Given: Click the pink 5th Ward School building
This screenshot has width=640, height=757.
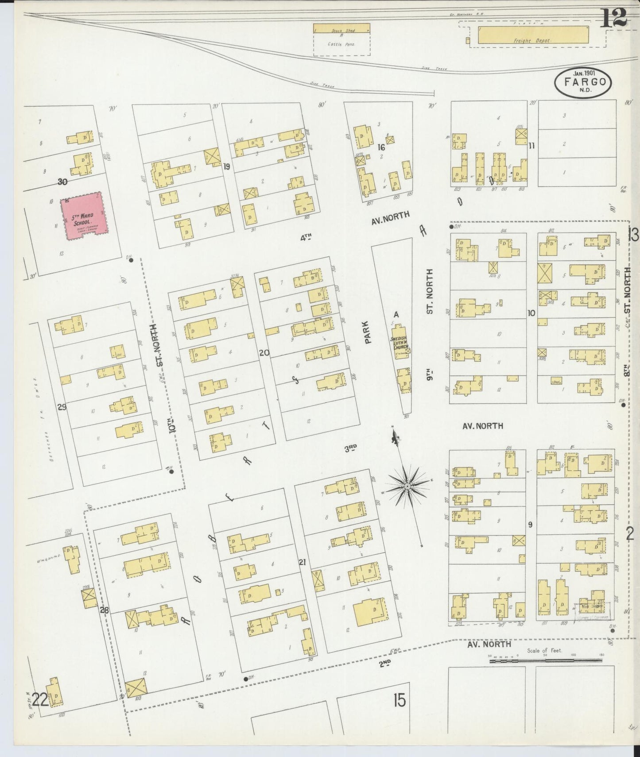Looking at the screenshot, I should pyautogui.click(x=84, y=216).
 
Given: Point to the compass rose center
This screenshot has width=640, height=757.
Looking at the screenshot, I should pyautogui.click(x=407, y=487).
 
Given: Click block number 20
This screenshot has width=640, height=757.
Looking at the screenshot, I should pyautogui.click(x=264, y=353).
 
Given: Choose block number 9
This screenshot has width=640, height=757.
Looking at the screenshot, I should pyautogui.click(x=530, y=525).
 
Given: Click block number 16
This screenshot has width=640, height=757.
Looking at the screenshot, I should pyautogui.click(x=380, y=147).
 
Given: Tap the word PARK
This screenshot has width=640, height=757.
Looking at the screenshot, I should pyautogui.click(x=368, y=332).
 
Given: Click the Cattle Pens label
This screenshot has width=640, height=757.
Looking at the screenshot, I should pyautogui.click(x=341, y=44).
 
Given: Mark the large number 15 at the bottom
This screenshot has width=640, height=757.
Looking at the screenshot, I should pyautogui.click(x=399, y=701).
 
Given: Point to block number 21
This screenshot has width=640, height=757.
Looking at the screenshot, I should pyautogui.click(x=303, y=563).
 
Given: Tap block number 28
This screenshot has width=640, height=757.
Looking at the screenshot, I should pyautogui.click(x=104, y=610).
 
